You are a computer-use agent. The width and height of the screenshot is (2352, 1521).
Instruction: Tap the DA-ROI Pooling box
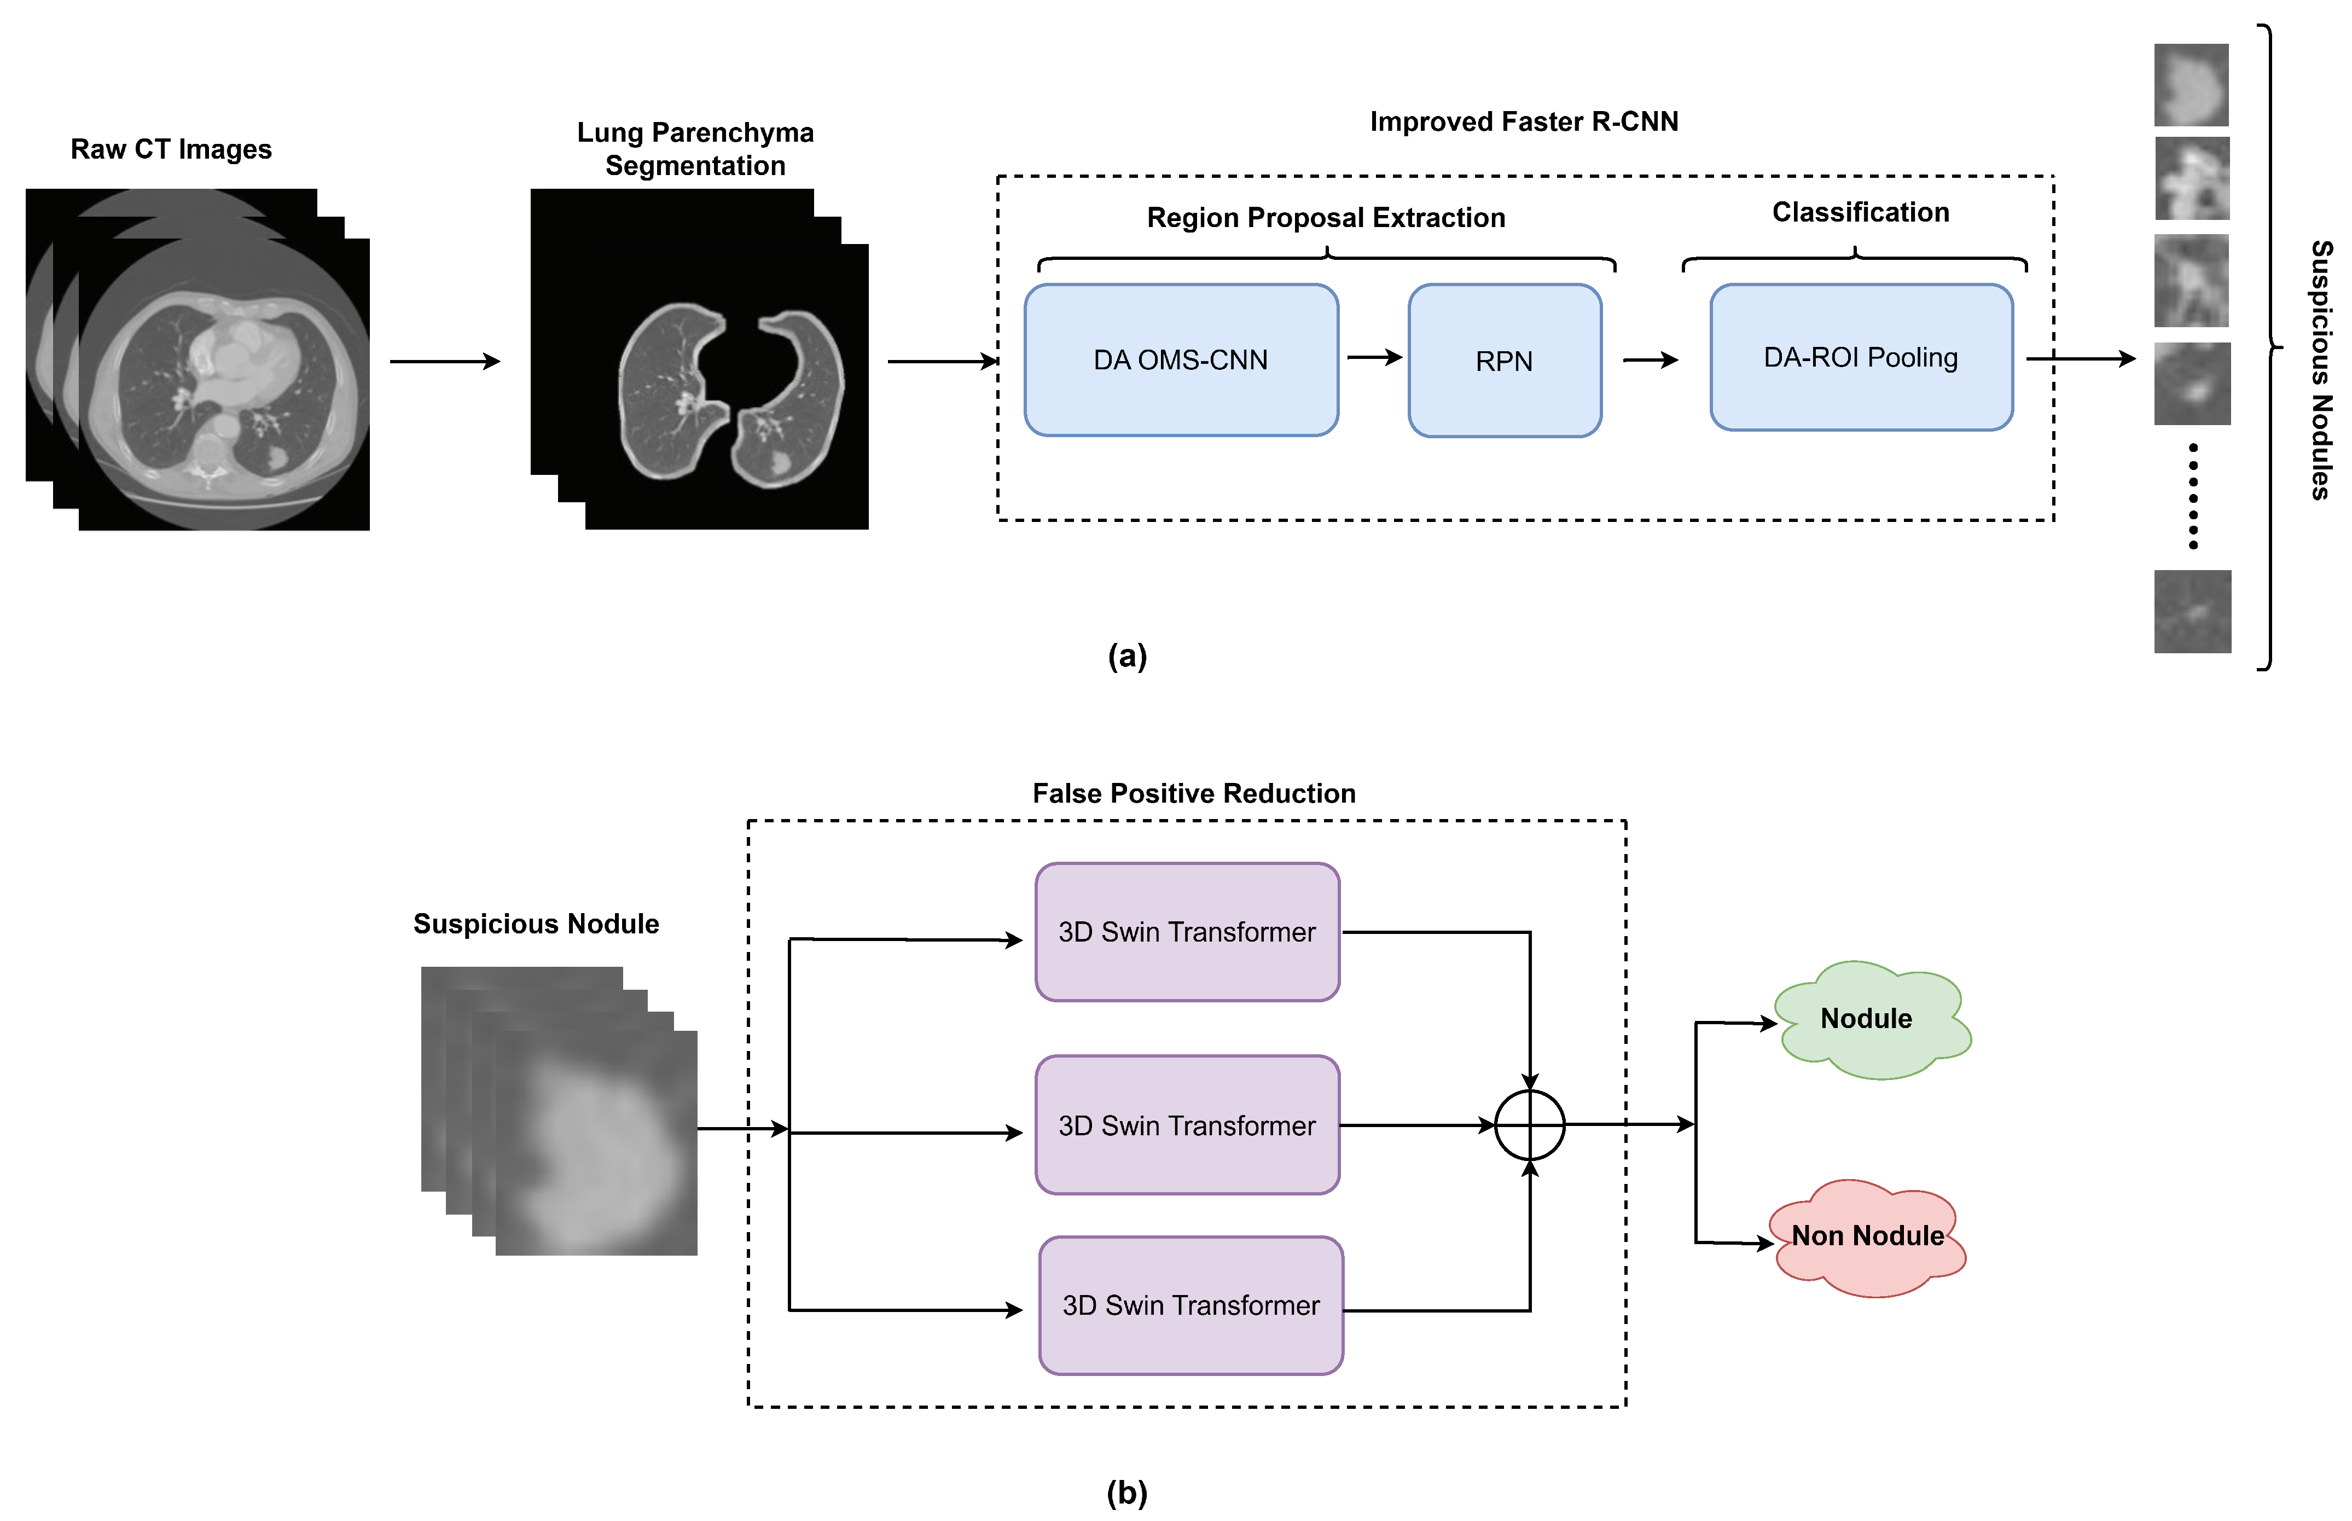point(1860,357)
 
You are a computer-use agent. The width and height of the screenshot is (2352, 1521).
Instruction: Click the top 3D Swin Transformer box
point(1186,931)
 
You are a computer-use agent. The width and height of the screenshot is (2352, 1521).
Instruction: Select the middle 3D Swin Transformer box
point(1186,1125)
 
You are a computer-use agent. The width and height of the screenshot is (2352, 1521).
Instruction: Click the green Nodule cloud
point(1869,1018)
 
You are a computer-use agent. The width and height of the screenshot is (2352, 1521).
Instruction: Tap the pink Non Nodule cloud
point(1866,1236)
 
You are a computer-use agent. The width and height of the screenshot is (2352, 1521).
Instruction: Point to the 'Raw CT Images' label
point(171,149)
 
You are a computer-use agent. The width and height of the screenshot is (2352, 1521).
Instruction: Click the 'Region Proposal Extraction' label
point(1325,217)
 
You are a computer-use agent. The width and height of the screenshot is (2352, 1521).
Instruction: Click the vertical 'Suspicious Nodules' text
point(2320,370)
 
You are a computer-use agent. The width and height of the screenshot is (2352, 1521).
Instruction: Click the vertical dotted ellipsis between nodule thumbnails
point(2192,496)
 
